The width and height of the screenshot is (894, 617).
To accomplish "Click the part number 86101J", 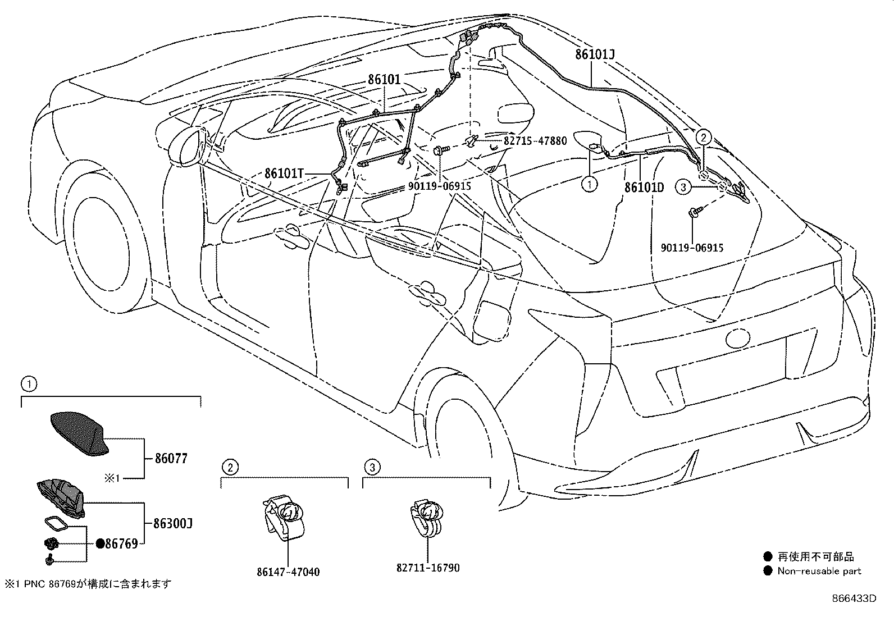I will [595, 54].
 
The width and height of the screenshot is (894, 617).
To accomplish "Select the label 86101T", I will [284, 173].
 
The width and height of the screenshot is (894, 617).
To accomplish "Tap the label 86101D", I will [644, 187].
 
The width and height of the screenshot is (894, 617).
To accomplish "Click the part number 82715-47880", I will [535, 140].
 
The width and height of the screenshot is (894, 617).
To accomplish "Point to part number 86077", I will [171, 459].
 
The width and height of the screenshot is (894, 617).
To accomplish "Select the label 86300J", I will [173, 524].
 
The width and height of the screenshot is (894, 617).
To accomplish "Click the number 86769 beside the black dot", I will [121, 543].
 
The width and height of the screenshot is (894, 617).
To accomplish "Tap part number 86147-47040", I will [288, 572].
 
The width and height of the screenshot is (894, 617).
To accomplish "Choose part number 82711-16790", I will [428, 568].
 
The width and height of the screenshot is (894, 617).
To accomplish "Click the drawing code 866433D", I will [854, 598].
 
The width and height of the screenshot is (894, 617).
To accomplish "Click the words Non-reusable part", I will [819, 571].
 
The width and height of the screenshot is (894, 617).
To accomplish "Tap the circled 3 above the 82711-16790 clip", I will [371, 466].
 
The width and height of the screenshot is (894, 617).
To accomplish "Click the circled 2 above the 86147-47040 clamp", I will [229, 466].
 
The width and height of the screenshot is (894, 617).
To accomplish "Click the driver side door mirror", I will [187, 147].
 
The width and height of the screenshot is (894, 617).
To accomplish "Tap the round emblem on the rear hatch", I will [737, 338].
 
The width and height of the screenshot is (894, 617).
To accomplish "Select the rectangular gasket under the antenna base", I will [55, 524].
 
